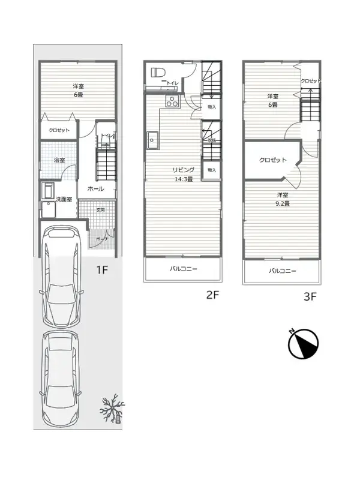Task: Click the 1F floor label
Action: (103, 269)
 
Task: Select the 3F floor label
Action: (310, 296)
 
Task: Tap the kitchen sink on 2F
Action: (151, 140)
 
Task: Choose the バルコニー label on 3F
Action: (282, 271)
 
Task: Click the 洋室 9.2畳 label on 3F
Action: (283, 199)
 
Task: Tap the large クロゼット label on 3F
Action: (272, 160)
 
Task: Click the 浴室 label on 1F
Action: (59, 160)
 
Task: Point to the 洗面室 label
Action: (64, 199)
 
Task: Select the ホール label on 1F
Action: (95, 188)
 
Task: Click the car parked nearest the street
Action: (61, 377)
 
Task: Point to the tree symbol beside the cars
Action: (112, 410)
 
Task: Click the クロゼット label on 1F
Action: (59, 130)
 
